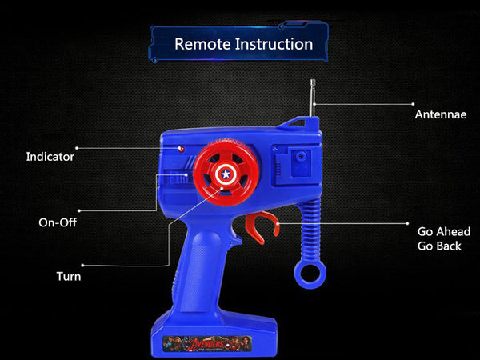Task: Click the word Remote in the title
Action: (x=202, y=44)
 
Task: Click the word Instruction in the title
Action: (x=274, y=44)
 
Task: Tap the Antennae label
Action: (x=441, y=114)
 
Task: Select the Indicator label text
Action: (x=50, y=157)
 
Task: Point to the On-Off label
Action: (x=58, y=222)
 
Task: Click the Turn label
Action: (x=69, y=277)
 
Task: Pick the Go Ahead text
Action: (x=444, y=232)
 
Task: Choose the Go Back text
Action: (x=439, y=246)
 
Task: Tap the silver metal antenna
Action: (x=313, y=98)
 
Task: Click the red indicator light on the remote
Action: (x=181, y=149)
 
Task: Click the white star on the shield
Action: (x=226, y=174)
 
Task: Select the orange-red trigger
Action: (x=262, y=227)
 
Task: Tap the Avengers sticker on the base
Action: (x=207, y=343)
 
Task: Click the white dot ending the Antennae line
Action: (x=413, y=104)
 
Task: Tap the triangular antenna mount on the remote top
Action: (x=297, y=122)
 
